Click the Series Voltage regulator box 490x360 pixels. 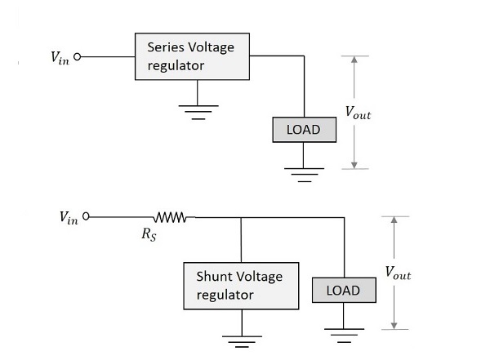click(x=190, y=56)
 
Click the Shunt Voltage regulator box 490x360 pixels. click(x=241, y=286)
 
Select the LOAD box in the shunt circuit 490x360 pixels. click(x=342, y=290)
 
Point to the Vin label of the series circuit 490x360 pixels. click(x=59, y=58)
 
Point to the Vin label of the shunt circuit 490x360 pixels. click(x=69, y=218)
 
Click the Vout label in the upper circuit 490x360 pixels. click(x=359, y=114)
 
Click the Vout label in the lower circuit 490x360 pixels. click(x=399, y=274)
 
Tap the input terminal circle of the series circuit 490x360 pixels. click(x=78, y=57)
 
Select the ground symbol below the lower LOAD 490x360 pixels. click(x=343, y=334)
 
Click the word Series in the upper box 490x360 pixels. click(x=165, y=47)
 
